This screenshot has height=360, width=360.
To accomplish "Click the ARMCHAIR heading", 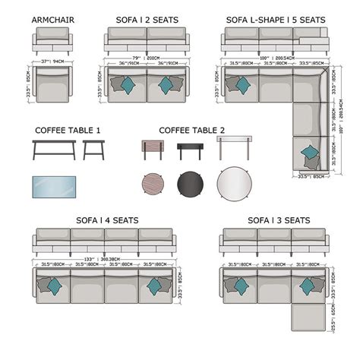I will pyautogui.click(x=53, y=18).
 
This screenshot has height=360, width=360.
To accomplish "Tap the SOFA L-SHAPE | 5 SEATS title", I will pyautogui.click(x=275, y=18).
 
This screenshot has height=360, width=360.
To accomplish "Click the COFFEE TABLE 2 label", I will pyautogui.click(x=191, y=130).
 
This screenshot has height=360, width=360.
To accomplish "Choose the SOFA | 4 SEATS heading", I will pyautogui.click(x=107, y=220).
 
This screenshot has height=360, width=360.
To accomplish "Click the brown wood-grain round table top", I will pyautogui.click(x=152, y=183).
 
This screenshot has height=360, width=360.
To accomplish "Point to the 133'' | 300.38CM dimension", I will pyautogui.click(x=104, y=258).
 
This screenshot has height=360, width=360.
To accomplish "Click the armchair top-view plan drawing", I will pyautogui.click(x=52, y=85).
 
